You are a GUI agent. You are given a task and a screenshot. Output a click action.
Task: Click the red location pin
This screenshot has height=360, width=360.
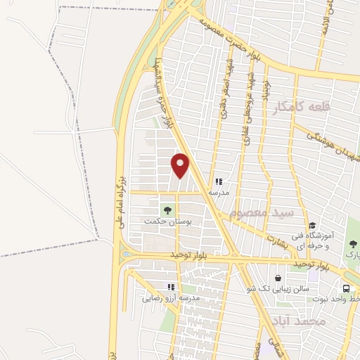click(181, 165)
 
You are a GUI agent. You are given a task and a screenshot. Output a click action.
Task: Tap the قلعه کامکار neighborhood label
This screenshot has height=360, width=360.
click(323, 106)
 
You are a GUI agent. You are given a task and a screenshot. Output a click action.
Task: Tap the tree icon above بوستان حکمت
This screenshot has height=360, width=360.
click(167, 210)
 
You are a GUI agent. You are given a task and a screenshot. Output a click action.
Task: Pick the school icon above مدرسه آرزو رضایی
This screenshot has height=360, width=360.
click(170, 287)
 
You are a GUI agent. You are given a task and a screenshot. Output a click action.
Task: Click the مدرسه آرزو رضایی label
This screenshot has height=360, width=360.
click(172, 298)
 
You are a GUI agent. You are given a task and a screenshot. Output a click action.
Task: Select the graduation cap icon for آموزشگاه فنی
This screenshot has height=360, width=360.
click(311, 225)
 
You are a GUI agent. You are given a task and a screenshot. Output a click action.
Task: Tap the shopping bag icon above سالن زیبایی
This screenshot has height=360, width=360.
click(278, 278)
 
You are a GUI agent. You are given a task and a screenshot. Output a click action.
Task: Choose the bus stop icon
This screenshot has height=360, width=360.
click(347, 288)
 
